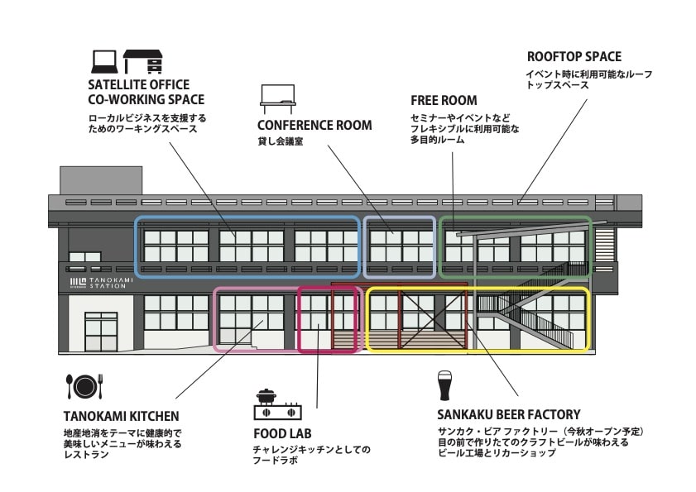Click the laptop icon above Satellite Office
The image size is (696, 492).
104,62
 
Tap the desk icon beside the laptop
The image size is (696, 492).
143,62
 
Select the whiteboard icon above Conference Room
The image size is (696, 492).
277,99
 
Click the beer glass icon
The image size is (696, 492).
444,385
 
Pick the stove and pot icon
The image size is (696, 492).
278,404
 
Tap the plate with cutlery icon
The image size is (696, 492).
84,386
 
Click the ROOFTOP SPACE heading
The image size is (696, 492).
574,57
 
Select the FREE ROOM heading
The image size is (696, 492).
444,101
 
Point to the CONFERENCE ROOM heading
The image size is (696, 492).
314,125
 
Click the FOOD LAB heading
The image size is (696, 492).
282,433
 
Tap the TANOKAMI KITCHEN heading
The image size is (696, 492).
121,416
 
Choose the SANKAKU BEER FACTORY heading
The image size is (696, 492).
509,414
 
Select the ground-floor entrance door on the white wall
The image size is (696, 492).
101,332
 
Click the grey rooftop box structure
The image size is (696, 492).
101,180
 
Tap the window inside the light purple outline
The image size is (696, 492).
401,246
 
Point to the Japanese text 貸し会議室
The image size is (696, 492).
280,141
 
